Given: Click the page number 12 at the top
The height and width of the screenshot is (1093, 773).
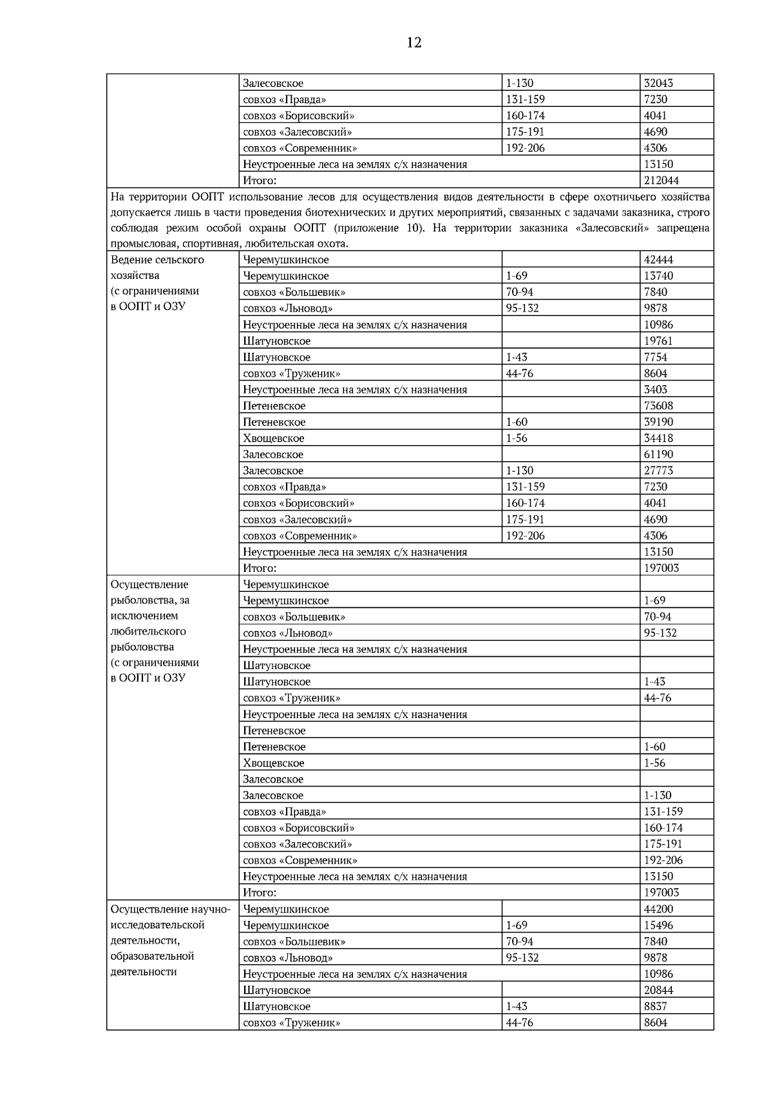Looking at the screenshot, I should [414, 43].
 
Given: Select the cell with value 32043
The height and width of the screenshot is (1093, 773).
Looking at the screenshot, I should [658, 83].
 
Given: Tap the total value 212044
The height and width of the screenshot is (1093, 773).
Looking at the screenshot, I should [661, 180].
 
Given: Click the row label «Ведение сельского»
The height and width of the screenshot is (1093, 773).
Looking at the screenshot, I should [157, 260].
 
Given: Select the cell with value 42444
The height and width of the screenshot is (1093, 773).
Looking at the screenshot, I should [658, 260].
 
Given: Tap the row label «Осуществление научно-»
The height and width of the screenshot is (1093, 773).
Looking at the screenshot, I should [170, 909].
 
